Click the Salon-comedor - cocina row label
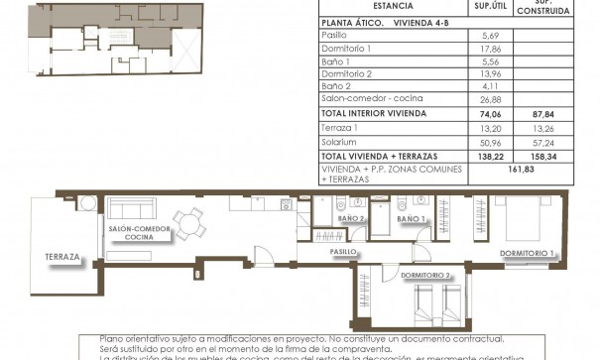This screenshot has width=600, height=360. [x=366, y=98]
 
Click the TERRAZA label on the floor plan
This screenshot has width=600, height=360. [x=62, y=258]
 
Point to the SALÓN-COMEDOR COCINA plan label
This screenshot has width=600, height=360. [x=139, y=233]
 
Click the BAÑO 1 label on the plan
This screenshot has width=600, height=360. [x=410, y=218]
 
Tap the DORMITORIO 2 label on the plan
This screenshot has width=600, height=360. [x=426, y=275]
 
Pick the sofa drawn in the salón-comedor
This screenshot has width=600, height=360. [x=129, y=209]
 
